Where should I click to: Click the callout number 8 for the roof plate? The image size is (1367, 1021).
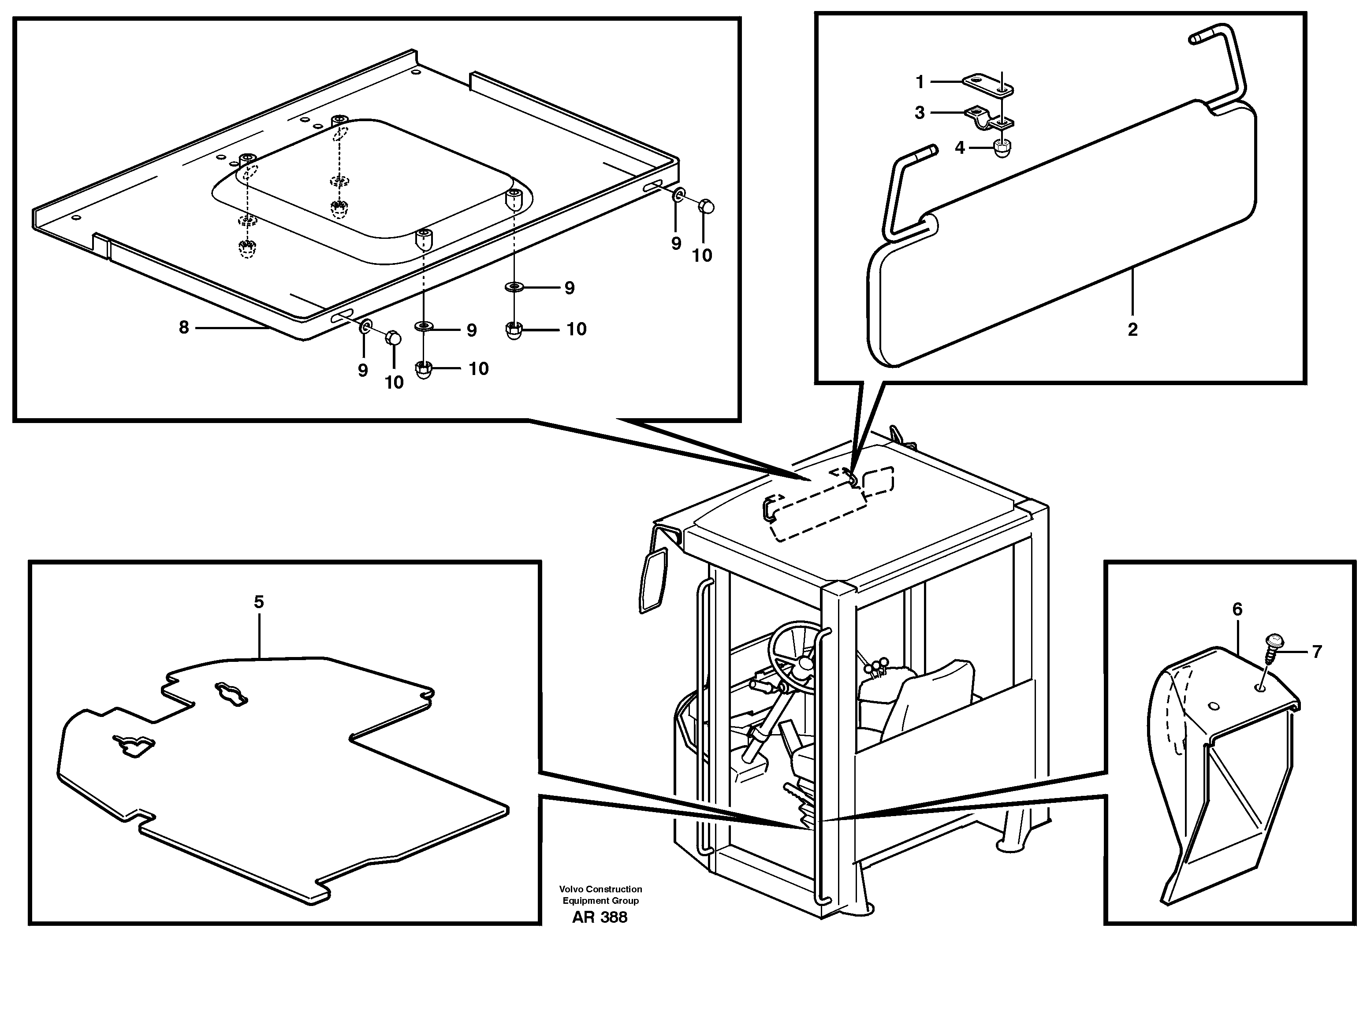click(x=183, y=327)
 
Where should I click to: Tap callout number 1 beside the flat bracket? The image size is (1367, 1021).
click(x=920, y=82)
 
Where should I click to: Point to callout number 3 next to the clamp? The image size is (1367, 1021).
click(x=920, y=113)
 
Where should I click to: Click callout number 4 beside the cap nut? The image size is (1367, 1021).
click(x=960, y=148)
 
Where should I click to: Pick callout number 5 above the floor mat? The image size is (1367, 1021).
click(x=258, y=601)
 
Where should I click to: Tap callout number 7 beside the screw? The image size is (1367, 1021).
click(x=1316, y=652)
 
